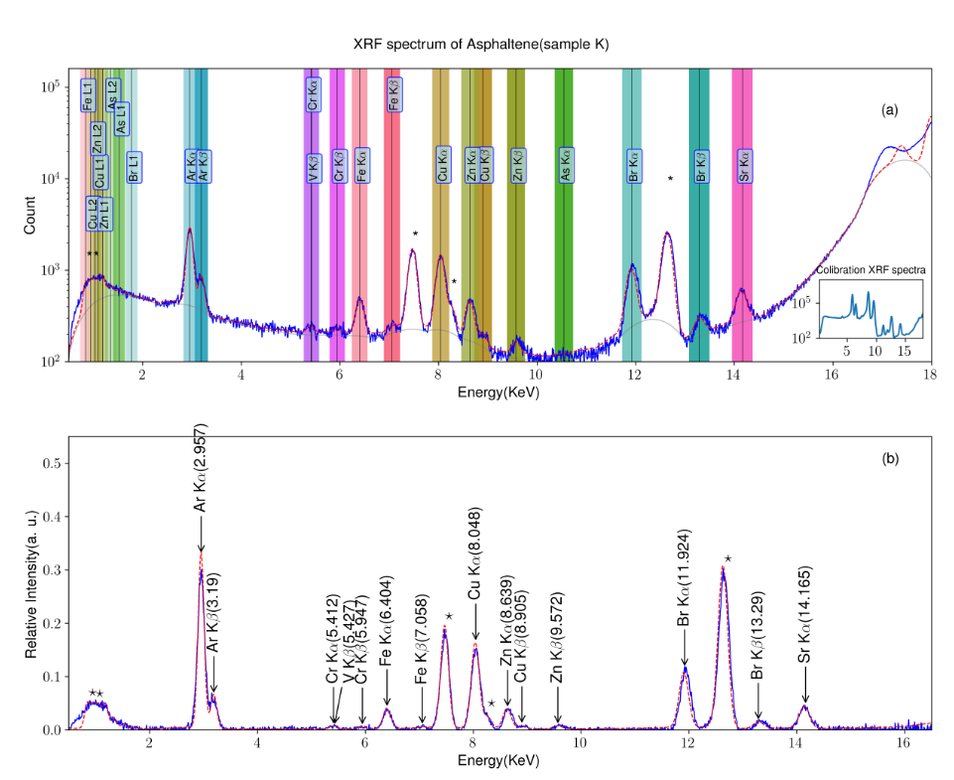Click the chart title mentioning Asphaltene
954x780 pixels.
pyautogui.click(x=480, y=45)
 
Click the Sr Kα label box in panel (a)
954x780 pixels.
pyautogui.click(x=742, y=162)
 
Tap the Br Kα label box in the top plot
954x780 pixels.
pyautogui.click(x=632, y=162)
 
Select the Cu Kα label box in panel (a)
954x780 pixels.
pyautogui.click(x=442, y=162)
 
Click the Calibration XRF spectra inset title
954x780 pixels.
pyautogui.click(x=871, y=271)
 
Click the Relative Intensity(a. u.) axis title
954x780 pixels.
pyautogui.click(x=31, y=585)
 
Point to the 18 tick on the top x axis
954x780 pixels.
pyautogui.click(x=930, y=376)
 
